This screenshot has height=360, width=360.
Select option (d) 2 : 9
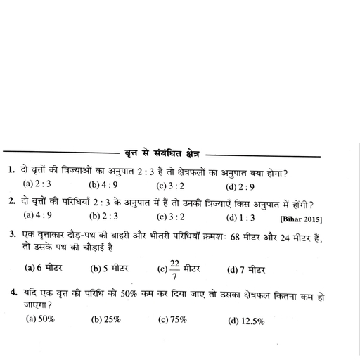pyautogui.click(x=240, y=187)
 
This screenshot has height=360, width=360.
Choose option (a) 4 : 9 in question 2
pyautogui.click(x=38, y=216)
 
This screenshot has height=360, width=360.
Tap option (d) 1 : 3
pyautogui.click(x=240, y=217)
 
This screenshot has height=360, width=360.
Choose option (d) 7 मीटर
pyautogui.click(x=245, y=270)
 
